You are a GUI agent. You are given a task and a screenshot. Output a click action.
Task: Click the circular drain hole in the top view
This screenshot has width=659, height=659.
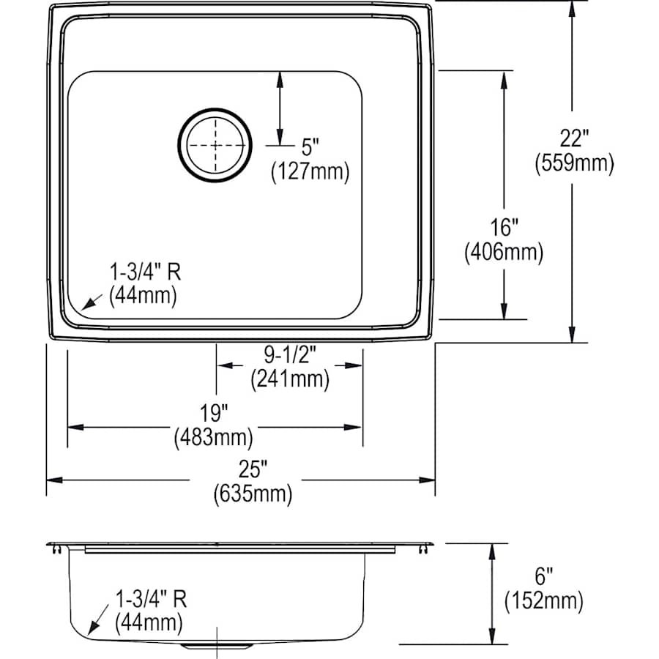click(215, 145)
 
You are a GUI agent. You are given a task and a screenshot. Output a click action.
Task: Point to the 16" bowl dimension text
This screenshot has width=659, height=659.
click(504, 226)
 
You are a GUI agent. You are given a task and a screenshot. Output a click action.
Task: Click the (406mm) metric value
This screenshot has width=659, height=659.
click(504, 253)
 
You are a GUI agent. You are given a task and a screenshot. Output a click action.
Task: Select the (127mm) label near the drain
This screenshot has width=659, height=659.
click(310, 171)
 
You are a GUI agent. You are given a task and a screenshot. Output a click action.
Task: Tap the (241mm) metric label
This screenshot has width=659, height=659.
click(289, 379)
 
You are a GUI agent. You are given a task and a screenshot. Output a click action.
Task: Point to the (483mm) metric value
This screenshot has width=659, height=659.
click(213, 437)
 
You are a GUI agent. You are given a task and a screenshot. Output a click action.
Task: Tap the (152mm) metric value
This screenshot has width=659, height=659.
click(543, 602)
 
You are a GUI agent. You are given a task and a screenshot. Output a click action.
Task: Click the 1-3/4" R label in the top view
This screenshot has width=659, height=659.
click(145, 273)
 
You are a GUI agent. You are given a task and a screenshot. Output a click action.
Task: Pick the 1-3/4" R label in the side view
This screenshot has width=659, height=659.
click(151, 600)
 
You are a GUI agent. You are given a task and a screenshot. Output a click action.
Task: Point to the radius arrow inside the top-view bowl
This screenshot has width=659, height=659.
click(92, 300)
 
